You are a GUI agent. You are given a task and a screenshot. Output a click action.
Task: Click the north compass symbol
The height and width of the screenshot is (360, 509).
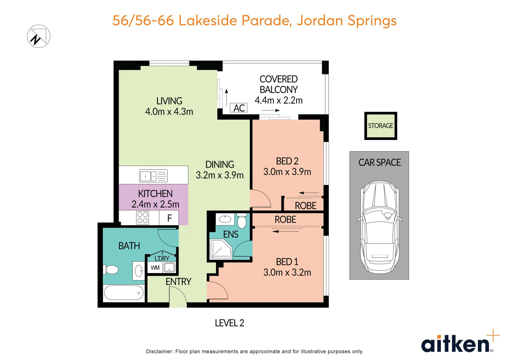(x=39, y=36)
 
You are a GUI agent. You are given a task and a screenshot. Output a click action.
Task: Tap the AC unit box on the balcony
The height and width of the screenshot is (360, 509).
(x=239, y=108)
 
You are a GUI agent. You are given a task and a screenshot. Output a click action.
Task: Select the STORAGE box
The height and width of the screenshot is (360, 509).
(x=380, y=126)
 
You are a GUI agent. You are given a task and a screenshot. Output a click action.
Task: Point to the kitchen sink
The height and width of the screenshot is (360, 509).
(x=153, y=176)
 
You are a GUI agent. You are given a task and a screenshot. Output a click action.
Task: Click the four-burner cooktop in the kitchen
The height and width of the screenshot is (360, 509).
(x=142, y=218)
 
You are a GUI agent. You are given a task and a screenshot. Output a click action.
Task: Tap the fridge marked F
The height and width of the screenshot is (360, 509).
(x=169, y=218)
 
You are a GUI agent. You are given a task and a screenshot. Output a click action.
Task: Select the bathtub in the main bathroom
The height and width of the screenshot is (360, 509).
(x=124, y=293)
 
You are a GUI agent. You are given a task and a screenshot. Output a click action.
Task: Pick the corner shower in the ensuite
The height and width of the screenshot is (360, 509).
(x=220, y=249)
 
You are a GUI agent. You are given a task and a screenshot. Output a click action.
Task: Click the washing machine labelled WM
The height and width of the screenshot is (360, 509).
(x=155, y=268)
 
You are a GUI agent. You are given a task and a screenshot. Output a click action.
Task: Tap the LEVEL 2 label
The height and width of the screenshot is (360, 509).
(x=229, y=323)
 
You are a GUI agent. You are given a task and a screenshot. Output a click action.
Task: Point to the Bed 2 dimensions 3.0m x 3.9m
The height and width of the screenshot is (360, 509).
(x=287, y=172)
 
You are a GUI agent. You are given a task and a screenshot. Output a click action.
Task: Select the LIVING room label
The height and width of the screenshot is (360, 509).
(x=169, y=101)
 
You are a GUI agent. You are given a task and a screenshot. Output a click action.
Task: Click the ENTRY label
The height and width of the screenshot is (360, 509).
(x=178, y=282)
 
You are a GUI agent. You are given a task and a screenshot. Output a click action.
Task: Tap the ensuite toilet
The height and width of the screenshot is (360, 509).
(x=242, y=221)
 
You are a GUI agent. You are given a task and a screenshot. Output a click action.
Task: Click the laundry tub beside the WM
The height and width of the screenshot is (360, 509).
(x=169, y=267)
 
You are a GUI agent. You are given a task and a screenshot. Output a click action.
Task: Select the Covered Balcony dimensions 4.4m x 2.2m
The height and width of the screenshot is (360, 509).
(x=279, y=100)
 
